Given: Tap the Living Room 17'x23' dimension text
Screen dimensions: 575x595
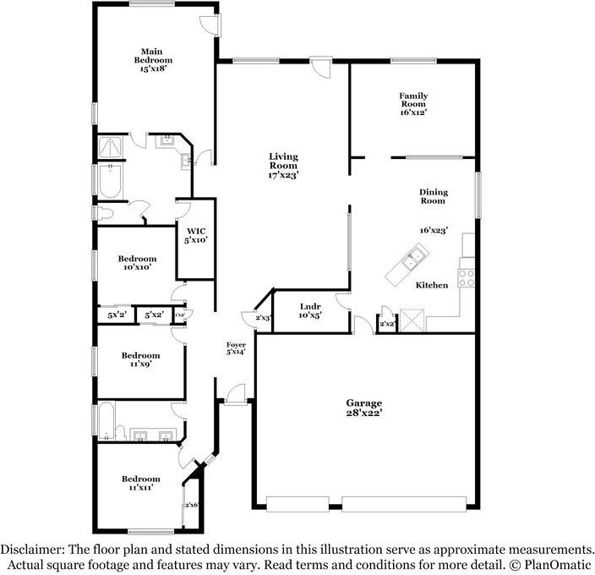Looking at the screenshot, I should [283, 175].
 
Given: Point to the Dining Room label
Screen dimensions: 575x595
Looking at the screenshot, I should [433, 197].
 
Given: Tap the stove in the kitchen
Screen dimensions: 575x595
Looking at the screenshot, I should [467, 277].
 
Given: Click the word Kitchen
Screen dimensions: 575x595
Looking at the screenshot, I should [431, 286].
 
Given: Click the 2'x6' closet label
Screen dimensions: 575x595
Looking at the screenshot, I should [192, 505].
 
